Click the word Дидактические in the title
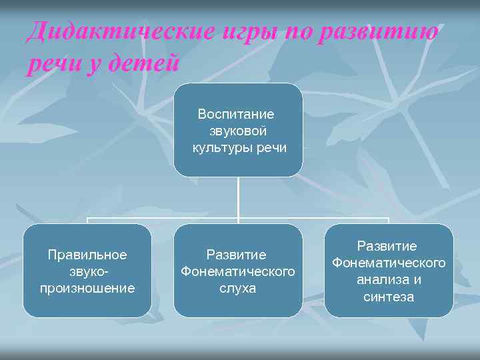pos(119,31)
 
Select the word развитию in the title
pos(379,31)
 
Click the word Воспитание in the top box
pos(235,114)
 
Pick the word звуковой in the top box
pos(238,131)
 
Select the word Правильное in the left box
pos(87,255)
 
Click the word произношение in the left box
pos(87,288)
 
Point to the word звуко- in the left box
pos(87,271)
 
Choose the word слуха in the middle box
pos(238,288)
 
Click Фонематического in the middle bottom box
pos(238,271)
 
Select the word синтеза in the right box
pos(389,297)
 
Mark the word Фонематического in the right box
pos(389,263)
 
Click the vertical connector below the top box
pos(238,197)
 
